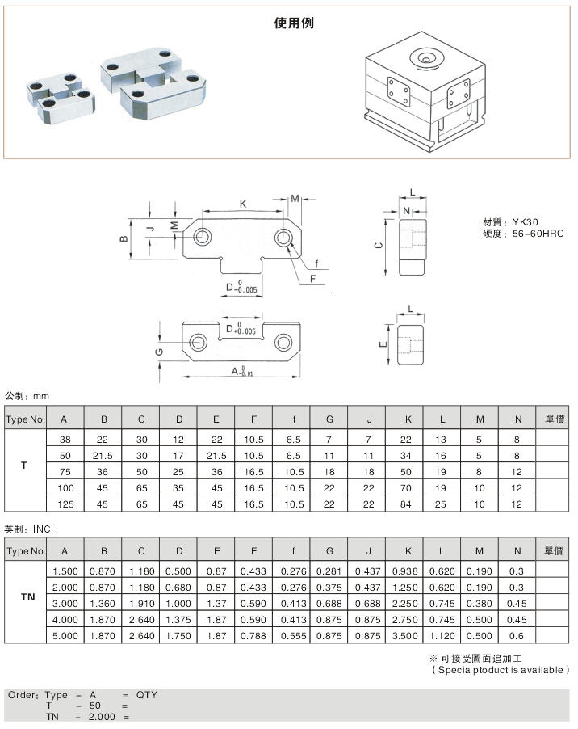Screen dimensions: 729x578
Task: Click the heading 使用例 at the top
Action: click(294, 23)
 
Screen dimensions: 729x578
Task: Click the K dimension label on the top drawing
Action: click(244, 204)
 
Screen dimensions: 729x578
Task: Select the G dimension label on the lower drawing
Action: click(159, 352)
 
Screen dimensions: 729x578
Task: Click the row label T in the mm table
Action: click(24, 466)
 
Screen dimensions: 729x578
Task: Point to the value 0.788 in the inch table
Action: click(253, 637)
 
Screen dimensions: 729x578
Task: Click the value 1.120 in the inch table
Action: click(442, 637)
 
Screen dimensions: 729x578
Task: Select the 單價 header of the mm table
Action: click(553, 419)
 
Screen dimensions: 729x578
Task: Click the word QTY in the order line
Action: click(147, 695)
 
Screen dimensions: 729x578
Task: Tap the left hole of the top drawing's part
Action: click(202, 237)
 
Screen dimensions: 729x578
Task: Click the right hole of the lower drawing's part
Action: click(283, 343)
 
